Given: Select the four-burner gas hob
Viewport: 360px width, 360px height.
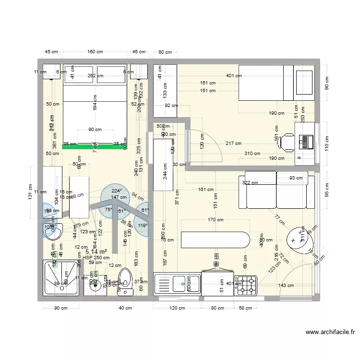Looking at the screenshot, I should tap(246, 284).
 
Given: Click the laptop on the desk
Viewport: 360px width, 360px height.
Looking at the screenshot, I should tap(306, 141).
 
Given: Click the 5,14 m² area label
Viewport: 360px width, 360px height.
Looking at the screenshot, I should tap(96, 251).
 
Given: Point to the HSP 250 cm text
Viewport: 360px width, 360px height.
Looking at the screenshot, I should tap(96, 258).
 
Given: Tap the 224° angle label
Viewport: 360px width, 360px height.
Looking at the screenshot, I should tap(116, 191).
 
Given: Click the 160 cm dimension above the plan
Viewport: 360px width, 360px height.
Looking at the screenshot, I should tap(95, 52).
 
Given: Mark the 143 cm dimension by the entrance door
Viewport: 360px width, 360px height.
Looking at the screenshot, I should tap(287, 286).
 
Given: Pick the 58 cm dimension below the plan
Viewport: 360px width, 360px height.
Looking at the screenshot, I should tap(245, 308).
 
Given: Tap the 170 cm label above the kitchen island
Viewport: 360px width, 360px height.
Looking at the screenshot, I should tap(216, 220).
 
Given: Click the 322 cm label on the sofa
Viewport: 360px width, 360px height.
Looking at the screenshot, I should tap(250, 182).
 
